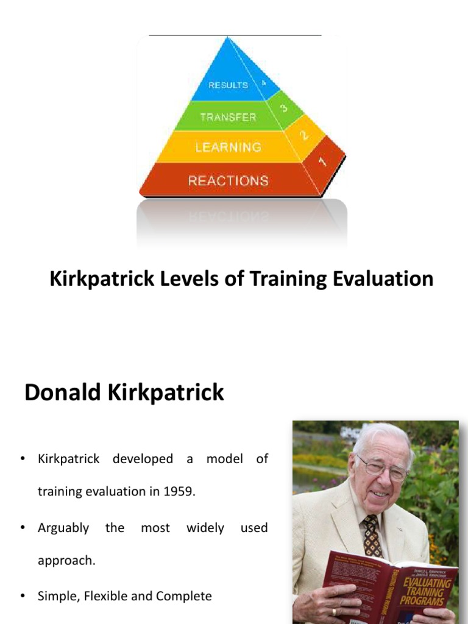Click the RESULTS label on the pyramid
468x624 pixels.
click(228, 85)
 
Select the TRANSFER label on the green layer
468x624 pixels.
click(228, 116)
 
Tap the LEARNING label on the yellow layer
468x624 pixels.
click(228, 147)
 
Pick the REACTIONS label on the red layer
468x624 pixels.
click(228, 180)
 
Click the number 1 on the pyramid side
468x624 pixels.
click(322, 161)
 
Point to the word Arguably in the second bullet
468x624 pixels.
click(63, 528)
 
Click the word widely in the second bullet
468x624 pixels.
click(205, 528)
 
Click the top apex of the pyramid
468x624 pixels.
click(227, 38)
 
